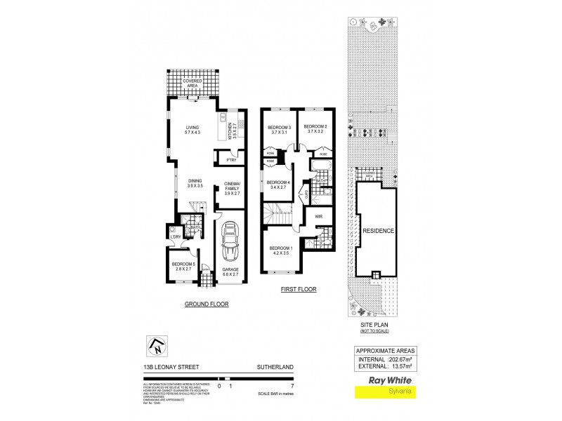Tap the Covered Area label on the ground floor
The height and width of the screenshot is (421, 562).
(x=192, y=83)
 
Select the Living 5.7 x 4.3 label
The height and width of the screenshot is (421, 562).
(x=188, y=130)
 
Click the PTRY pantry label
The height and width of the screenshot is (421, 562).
(x=230, y=161)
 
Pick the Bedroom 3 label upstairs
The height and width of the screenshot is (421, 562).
(x=279, y=130)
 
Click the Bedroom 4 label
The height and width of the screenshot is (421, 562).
(x=279, y=185)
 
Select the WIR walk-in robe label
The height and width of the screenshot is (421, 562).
(x=318, y=217)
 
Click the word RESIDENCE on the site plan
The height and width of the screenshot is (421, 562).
(x=378, y=231)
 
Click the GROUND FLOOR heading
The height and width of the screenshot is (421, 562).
(x=206, y=304)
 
